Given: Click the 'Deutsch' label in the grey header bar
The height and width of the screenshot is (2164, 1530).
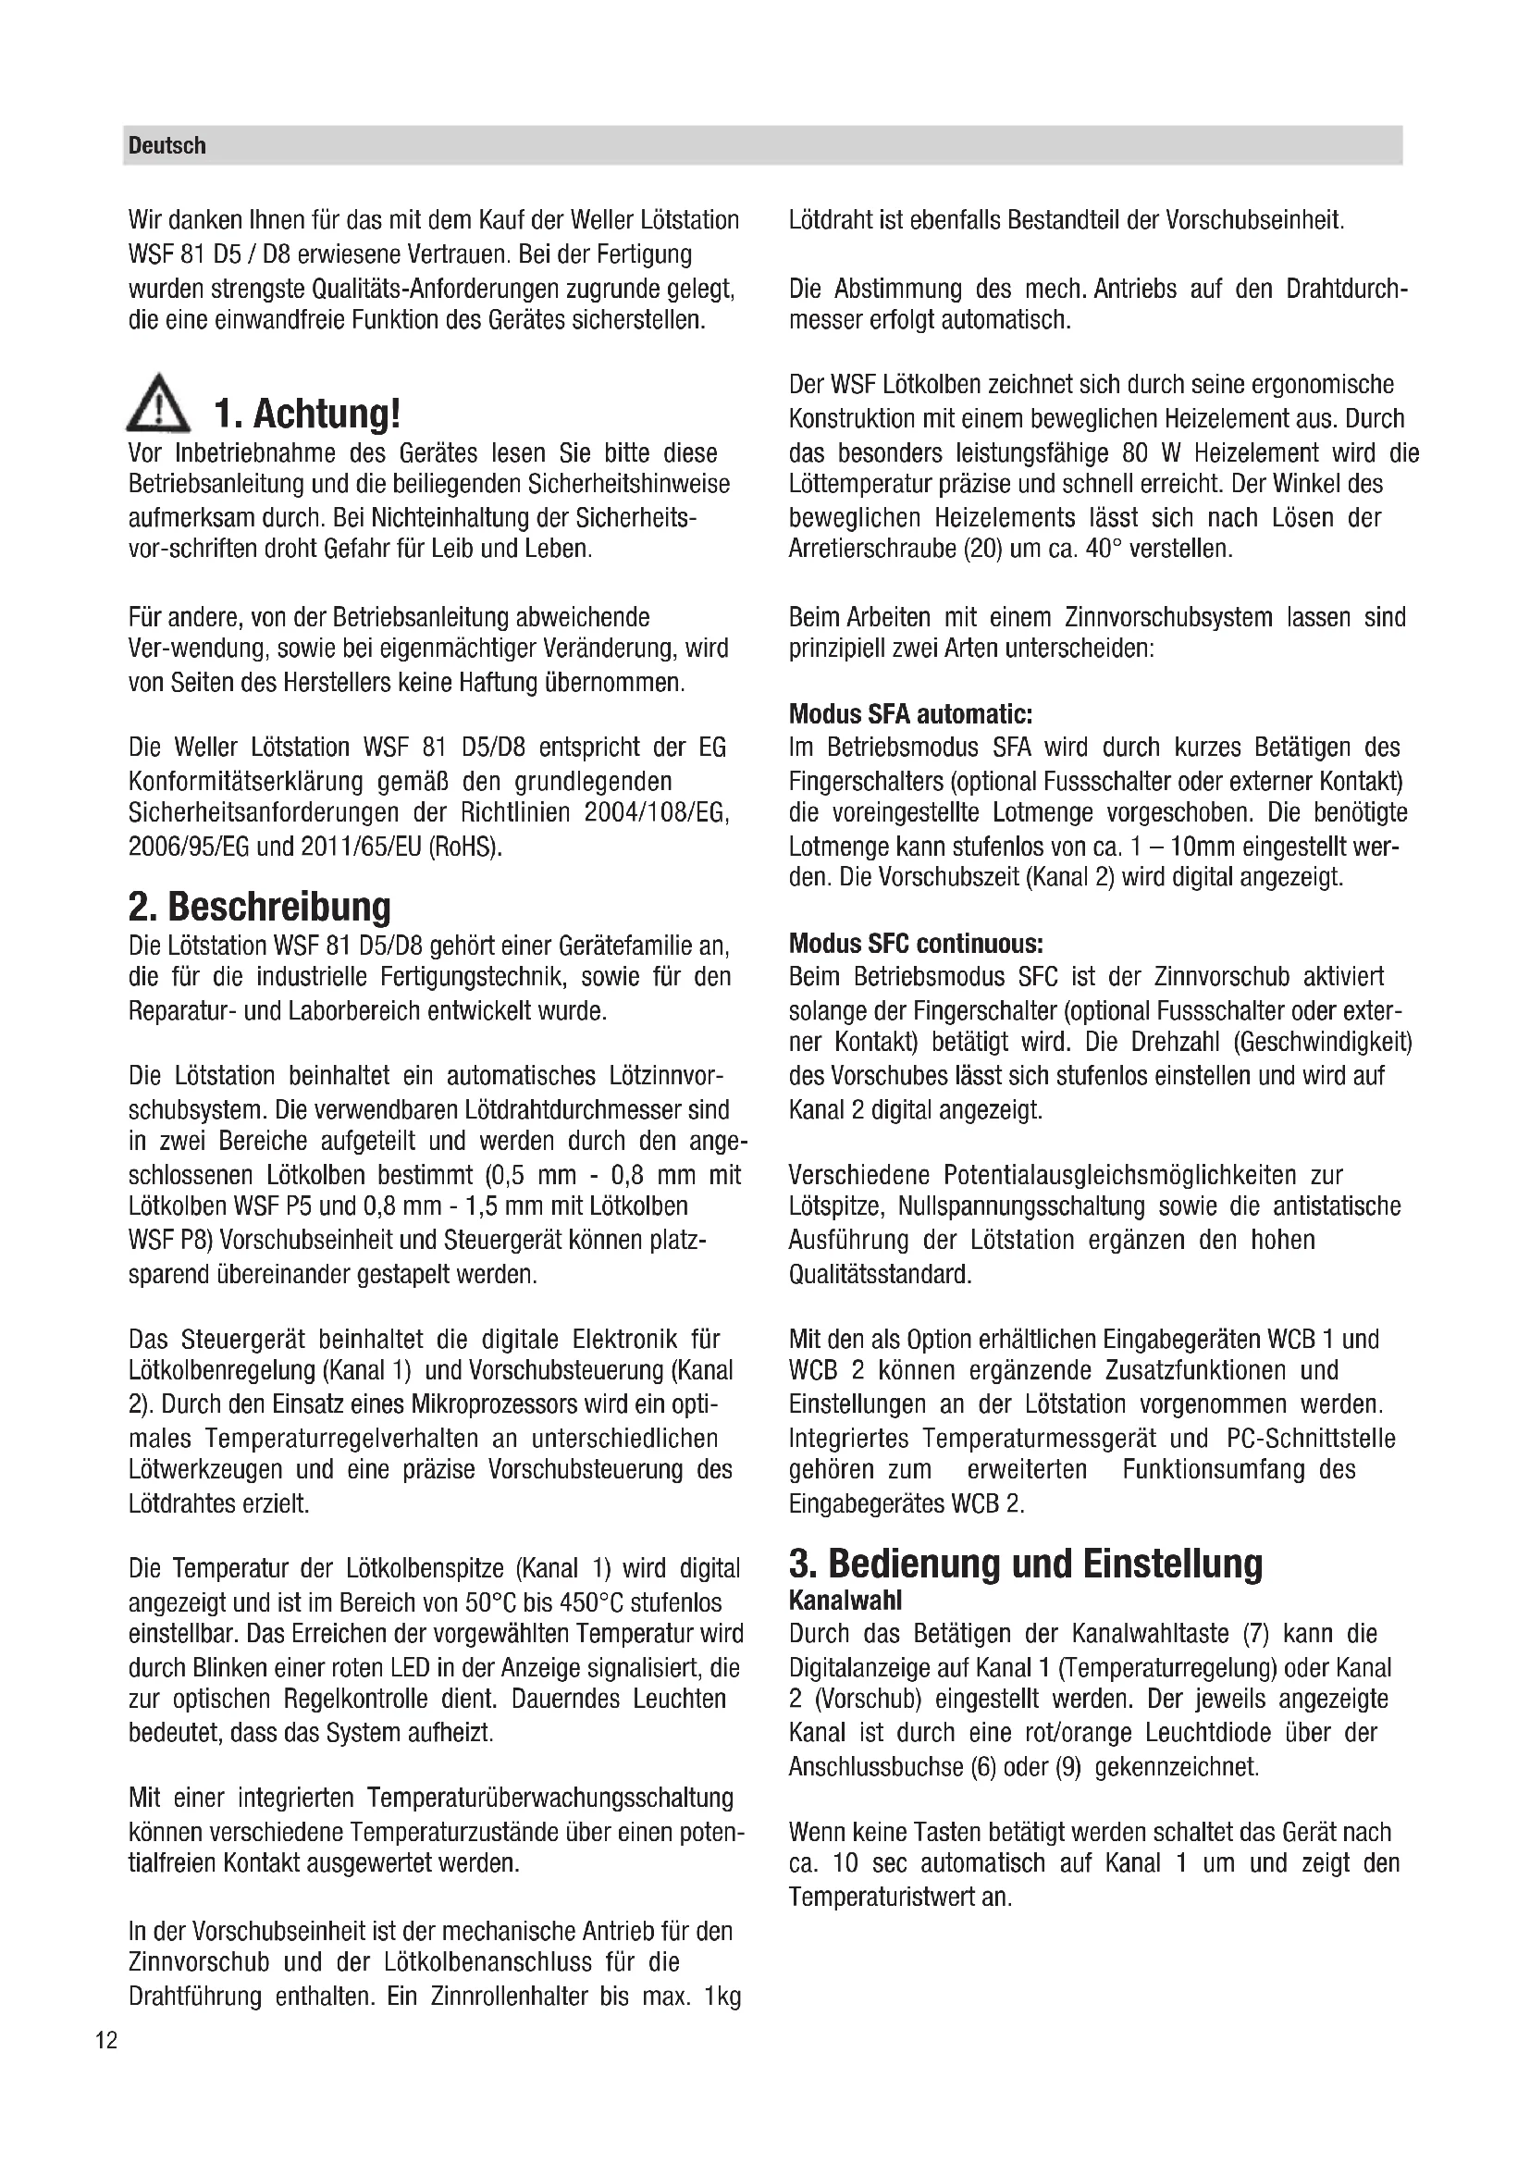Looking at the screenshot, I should (x=167, y=146).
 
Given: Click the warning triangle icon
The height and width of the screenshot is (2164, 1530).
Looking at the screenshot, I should (x=157, y=403).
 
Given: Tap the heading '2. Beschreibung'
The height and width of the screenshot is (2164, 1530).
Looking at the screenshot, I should (x=259, y=907).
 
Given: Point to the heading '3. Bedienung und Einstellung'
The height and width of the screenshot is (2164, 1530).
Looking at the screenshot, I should (x=1025, y=1564).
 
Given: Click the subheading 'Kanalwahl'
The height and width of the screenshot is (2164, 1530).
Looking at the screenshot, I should (x=845, y=1601).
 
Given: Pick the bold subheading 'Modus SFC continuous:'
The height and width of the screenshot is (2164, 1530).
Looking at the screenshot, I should (x=916, y=944).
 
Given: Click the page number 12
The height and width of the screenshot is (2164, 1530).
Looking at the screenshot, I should (x=106, y=2041).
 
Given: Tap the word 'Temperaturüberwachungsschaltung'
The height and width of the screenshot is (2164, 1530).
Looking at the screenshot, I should (x=550, y=1798).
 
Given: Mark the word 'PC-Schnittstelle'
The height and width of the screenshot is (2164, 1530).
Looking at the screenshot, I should (x=1311, y=1439).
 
